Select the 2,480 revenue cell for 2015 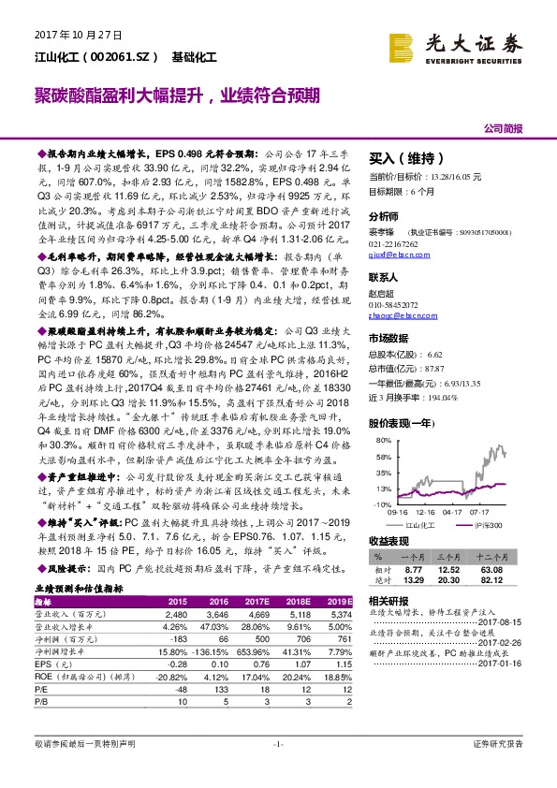coord(175,615)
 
